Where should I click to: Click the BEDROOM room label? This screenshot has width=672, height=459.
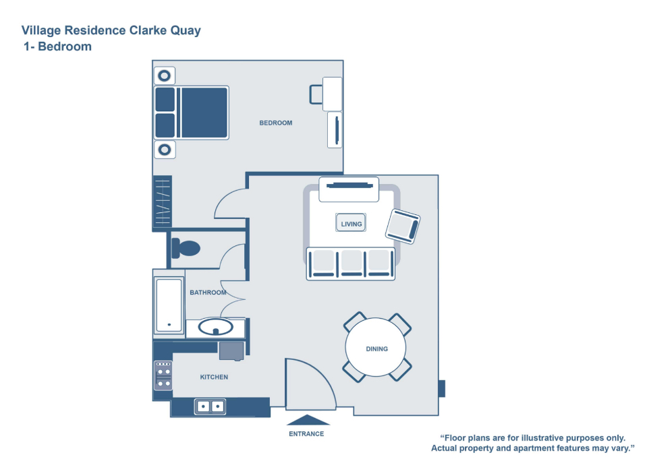(x=275, y=123)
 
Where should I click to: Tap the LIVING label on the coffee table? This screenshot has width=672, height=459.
(x=352, y=224)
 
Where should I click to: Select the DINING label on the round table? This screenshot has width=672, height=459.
(x=376, y=349)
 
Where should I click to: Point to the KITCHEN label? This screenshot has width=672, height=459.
(x=214, y=377)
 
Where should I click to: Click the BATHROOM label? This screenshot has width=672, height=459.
(x=208, y=293)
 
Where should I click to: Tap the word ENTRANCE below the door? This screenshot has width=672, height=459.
(x=306, y=434)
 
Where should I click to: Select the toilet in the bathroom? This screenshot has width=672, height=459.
(x=186, y=248)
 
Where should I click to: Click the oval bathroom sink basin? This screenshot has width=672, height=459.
(x=216, y=328)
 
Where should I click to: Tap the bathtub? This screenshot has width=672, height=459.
(x=169, y=305)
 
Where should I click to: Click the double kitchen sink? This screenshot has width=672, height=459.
(x=210, y=406)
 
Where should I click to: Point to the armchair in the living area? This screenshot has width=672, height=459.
(x=403, y=226)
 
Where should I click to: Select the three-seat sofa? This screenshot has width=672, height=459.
(x=351, y=264)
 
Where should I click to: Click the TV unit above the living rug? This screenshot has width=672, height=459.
(x=349, y=189)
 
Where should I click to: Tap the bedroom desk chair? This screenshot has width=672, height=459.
(x=316, y=94)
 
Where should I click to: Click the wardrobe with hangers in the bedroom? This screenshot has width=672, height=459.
(x=163, y=202)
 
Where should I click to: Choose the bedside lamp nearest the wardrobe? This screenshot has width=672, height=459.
(x=165, y=150)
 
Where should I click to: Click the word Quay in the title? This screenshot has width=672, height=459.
(x=186, y=31)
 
